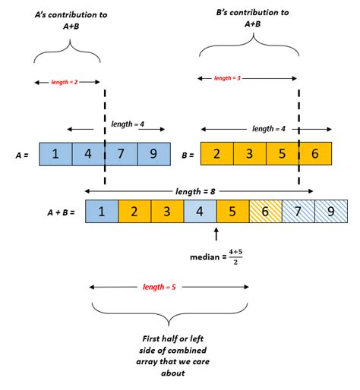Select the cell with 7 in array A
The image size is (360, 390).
tap(121, 154)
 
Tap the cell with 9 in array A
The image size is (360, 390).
tap(153, 154)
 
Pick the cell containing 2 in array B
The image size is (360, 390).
tap(216, 154)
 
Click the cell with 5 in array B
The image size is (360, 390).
tap(282, 154)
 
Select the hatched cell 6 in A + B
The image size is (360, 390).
tap(265, 210)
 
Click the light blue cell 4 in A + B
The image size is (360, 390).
tap(200, 210)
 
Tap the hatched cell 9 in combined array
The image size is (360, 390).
tap(330, 210)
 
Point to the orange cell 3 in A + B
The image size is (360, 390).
tap(167, 210)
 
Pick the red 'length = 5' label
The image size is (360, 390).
tap(169, 287)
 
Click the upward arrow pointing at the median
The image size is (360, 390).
tap(216, 234)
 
